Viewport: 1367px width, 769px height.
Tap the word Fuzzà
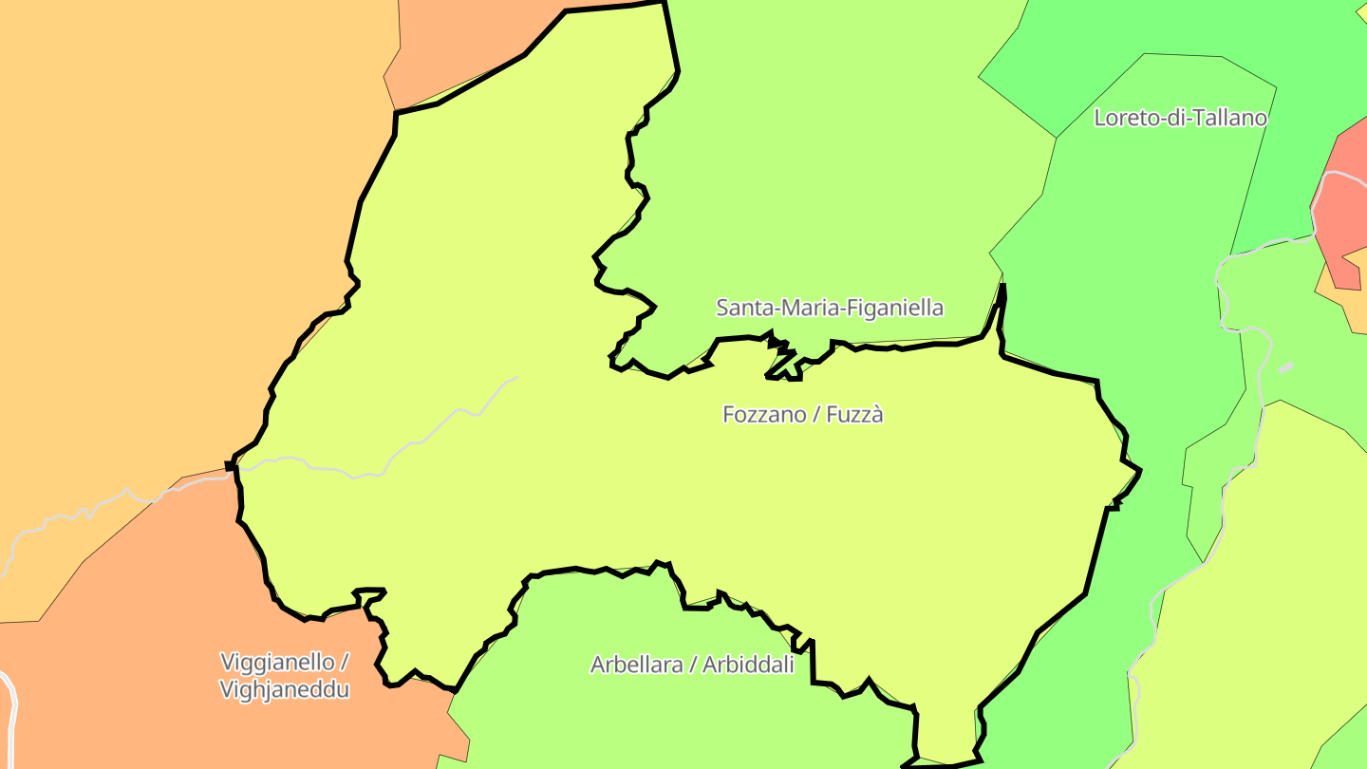854,415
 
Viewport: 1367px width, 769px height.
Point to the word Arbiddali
748,665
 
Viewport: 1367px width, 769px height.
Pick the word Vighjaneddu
284,689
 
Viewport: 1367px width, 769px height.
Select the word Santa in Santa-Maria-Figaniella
742,308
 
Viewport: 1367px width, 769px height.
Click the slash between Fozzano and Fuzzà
814,415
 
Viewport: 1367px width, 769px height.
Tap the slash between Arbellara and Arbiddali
694,665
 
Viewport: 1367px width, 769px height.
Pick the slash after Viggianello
344,661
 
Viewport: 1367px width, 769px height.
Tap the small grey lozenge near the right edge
1286,367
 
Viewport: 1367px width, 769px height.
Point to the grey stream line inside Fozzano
446,418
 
